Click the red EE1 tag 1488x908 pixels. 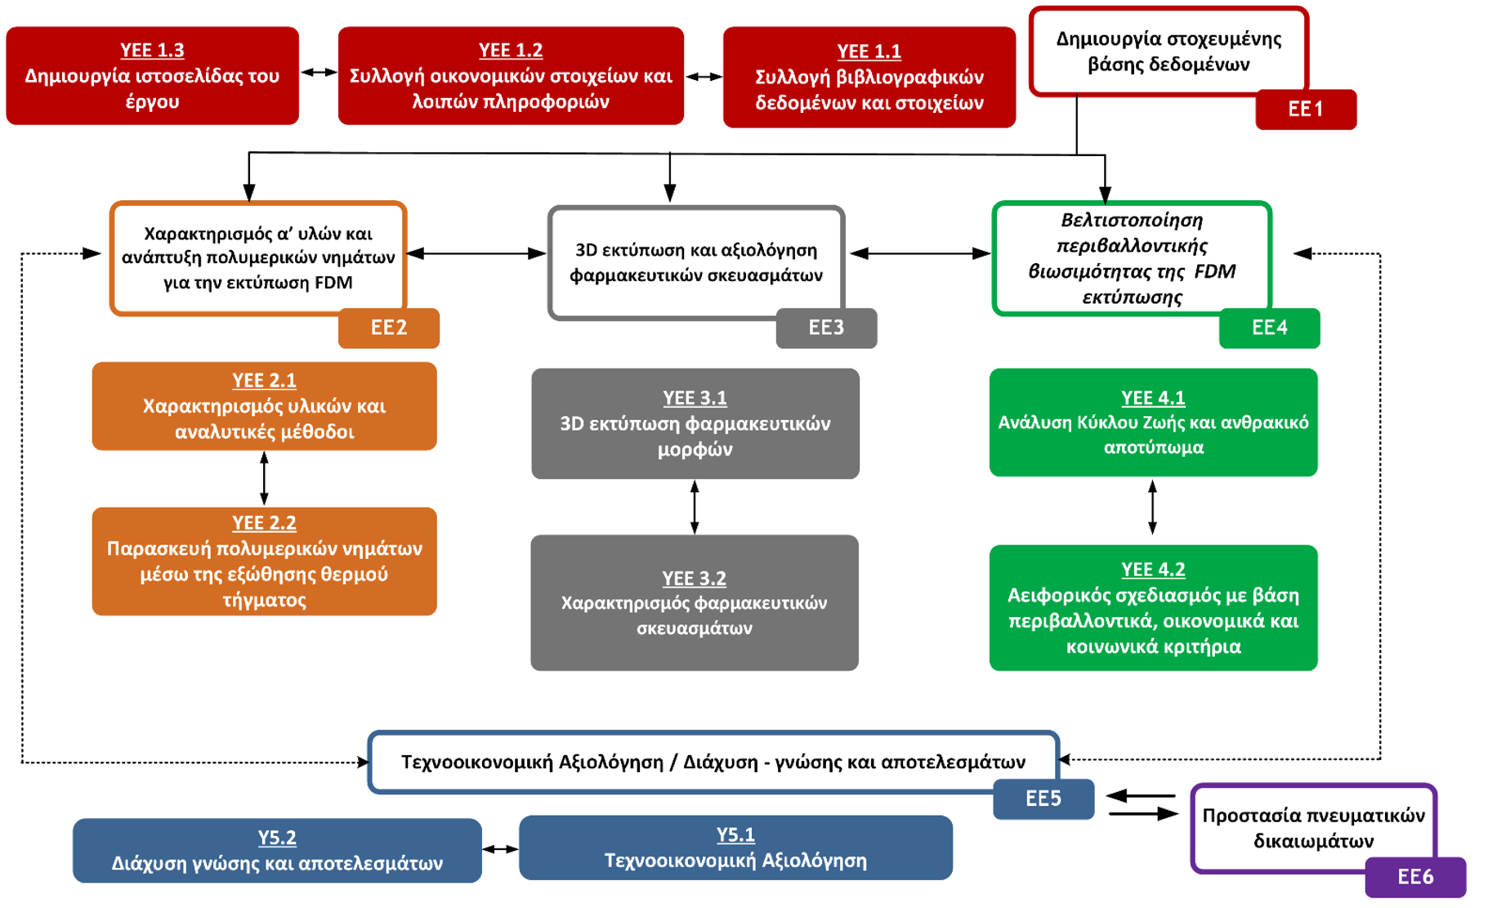1305,110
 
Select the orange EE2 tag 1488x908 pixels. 389,328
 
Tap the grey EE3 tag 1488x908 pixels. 826,328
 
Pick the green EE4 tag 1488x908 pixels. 1269,328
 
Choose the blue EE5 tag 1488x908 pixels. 1043,798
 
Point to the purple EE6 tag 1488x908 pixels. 1415,877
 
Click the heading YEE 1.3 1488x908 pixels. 152,51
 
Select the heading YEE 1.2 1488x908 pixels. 511,51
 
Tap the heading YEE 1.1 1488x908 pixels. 869,51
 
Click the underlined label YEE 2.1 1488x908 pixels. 264,381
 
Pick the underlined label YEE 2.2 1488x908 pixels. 264,523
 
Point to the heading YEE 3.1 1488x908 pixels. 695,398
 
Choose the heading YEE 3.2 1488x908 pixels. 694,579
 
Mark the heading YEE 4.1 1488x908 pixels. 1153,398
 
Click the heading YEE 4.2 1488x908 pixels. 1153,570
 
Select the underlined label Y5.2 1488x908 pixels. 277,838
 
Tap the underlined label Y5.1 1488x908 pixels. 735,835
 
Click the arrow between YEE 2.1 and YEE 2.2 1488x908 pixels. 264,479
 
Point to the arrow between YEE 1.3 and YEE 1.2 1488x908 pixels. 319,73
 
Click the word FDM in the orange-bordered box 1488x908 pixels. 333,283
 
